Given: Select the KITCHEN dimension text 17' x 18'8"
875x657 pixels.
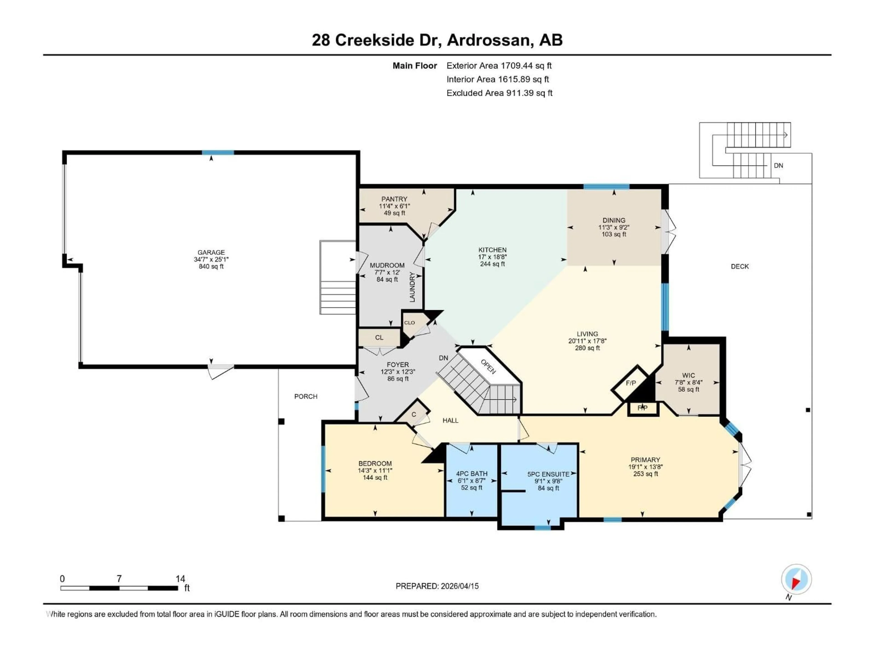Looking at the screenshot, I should (x=492, y=257).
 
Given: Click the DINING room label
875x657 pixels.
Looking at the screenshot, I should (x=614, y=220).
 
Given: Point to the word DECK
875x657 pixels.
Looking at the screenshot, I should (x=739, y=266).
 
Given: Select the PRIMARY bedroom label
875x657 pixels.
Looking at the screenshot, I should (x=645, y=459).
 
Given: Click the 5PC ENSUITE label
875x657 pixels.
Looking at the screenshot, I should (x=548, y=474).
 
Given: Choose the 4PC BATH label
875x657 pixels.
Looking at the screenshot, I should (x=471, y=473).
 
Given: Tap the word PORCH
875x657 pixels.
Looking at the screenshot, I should (x=306, y=396).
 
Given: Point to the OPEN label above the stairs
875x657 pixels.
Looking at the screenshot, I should (x=488, y=366).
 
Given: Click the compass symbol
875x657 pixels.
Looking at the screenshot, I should (x=796, y=579).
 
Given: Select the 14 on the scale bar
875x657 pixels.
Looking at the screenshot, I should (x=180, y=579).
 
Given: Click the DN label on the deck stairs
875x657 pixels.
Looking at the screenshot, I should (x=778, y=166).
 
